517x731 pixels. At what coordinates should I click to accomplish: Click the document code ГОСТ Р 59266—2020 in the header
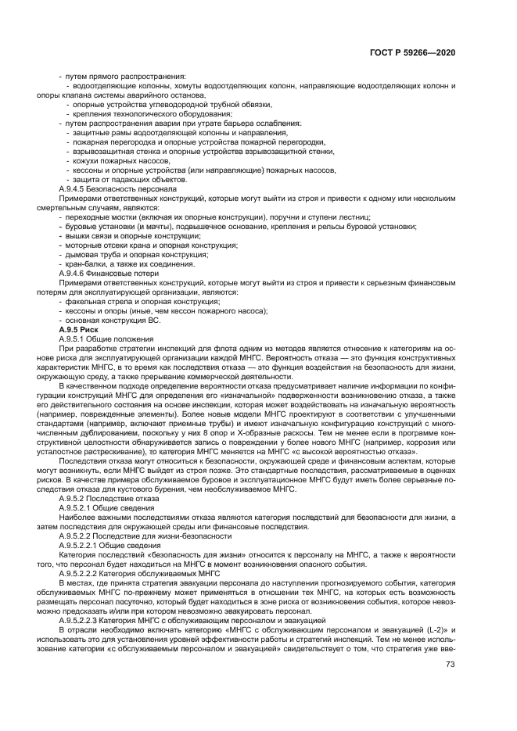point(413,52)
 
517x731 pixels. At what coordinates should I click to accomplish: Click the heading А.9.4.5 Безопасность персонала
point(117,188)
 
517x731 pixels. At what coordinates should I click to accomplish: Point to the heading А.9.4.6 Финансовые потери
point(110,273)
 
